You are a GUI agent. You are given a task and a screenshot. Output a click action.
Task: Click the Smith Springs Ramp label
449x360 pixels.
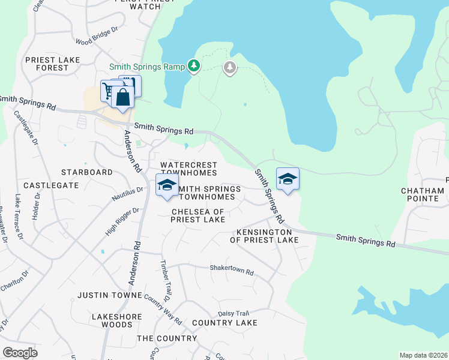tap(146, 67)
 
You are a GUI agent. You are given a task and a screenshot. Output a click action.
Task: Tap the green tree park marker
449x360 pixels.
tap(194, 65)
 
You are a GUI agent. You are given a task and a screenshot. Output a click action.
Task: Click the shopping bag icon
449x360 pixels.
tap(122, 97)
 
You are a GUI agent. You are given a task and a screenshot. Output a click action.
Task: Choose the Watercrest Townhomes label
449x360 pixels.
tap(188, 169)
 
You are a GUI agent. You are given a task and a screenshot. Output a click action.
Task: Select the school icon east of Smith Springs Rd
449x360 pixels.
tap(288, 179)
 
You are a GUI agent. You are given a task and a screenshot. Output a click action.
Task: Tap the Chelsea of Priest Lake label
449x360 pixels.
tap(198, 215)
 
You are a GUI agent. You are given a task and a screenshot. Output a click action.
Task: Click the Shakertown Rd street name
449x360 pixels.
tap(231, 271)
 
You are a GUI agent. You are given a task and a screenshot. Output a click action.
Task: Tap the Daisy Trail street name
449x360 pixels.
tap(233, 313)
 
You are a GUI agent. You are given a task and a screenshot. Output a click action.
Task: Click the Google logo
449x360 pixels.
tap(20, 352)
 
